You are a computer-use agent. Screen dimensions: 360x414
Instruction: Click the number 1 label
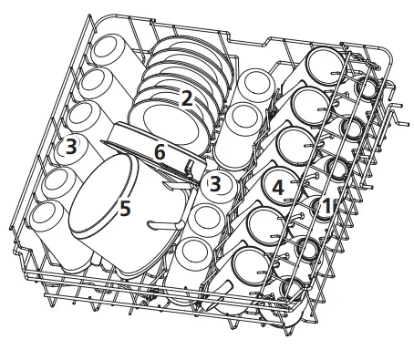click(325, 207)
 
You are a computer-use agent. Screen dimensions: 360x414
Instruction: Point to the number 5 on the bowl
click(125, 209)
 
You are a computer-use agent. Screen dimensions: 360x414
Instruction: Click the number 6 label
click(160, 153)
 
